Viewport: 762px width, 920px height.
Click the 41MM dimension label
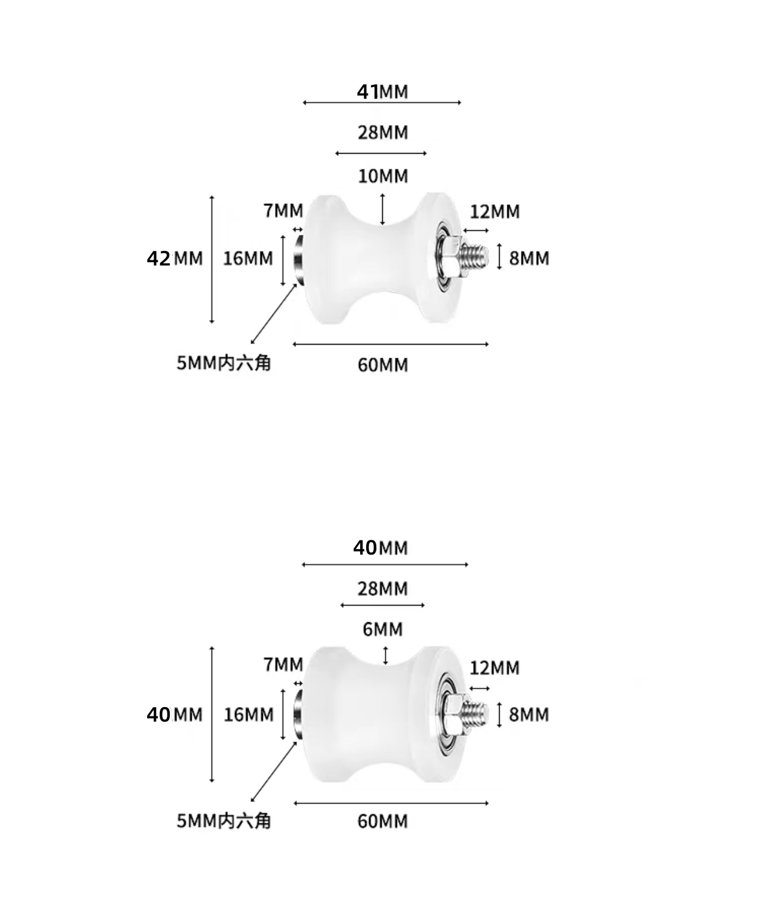point(382,92)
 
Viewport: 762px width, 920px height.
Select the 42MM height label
point(174,259)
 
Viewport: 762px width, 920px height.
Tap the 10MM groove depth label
point(383,176)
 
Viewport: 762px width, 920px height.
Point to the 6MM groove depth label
point(383,629)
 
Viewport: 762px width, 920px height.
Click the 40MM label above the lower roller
point(380,548)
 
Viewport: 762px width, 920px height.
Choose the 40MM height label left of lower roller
point(174,715)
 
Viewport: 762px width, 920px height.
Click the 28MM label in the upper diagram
point(383,133)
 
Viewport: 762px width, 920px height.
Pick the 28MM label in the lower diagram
point(382,589)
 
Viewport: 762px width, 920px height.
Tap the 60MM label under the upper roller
point(383,365)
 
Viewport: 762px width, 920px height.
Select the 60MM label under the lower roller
point(382,822)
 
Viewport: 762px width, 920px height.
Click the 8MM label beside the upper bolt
point(529,259)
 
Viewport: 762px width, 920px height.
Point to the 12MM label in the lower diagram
point(494,668)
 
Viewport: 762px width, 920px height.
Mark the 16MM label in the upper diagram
point(248,259)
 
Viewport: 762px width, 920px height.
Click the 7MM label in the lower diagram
point(283,665)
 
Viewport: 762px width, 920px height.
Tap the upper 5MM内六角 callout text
point(224,363)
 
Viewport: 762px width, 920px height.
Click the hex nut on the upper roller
point(452,258)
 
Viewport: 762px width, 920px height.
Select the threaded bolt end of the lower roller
point(475,714)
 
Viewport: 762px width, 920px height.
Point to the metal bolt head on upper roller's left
point(299,260)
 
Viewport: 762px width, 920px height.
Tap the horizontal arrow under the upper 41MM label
point(382,103)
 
